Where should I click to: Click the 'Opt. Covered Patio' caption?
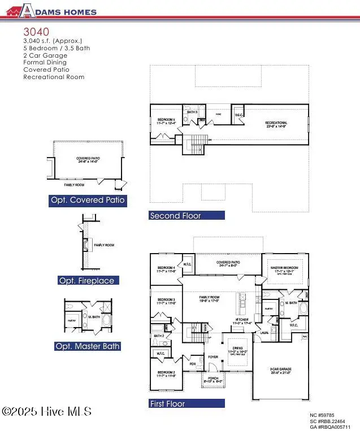pos(88,200)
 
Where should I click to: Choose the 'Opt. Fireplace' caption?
pos(86,281)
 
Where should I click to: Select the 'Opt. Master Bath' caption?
pos(87,346)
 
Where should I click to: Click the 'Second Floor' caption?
pos(175,216)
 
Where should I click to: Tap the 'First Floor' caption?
pos(167,404)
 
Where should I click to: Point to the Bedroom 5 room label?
pos(167,121)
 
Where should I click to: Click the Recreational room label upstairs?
pos(277,124)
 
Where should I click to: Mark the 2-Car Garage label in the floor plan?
pos(280,371)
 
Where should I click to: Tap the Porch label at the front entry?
pos(214,380)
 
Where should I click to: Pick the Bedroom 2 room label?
pos(166,373)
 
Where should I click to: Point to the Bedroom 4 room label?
pos(166,269)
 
